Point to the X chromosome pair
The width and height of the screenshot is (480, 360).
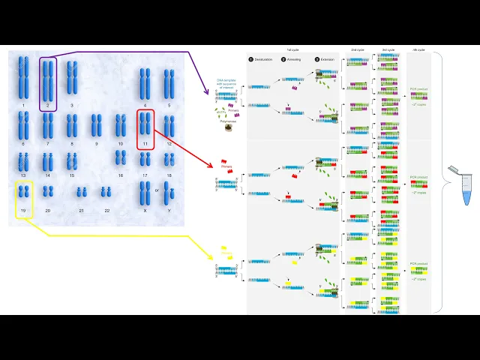(x=145, y=193)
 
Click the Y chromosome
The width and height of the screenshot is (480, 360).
(x=169, y=194)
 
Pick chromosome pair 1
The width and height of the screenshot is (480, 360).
(x=23, y=78)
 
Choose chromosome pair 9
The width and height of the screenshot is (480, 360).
(x=96, y=125)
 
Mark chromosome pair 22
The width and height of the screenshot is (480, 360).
(x=106, y=193)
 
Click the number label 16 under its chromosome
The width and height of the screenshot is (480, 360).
(x=120, y=175)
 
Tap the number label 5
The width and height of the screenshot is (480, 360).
(x=169, y=106)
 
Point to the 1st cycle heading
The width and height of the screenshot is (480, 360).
(x=293, y=49)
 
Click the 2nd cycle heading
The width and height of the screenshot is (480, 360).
(x=358, y=49)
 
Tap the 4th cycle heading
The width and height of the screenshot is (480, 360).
(x=418, y=49)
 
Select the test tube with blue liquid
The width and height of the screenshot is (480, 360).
(x=466, y=185)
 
